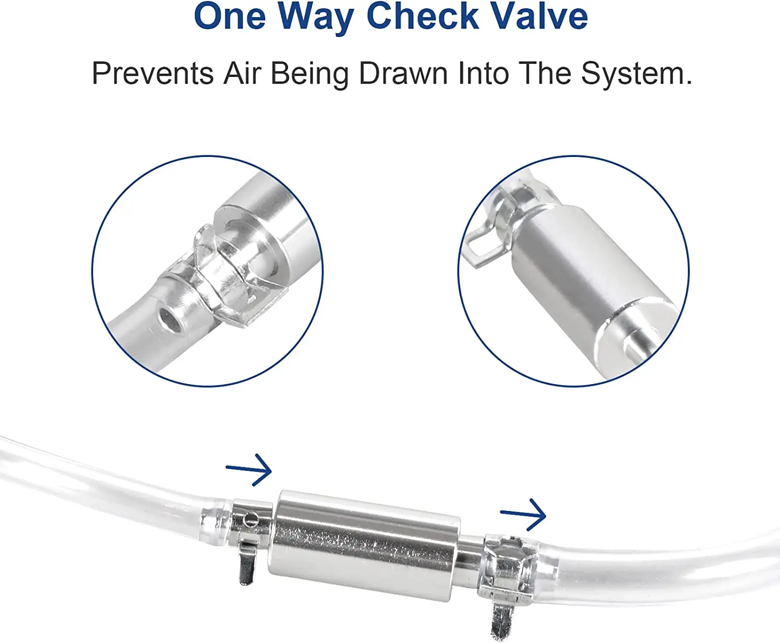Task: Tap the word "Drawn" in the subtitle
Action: (x=404, y=73)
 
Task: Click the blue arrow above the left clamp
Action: (x=249, y=469)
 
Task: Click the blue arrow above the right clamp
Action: (x=523, y=515)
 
